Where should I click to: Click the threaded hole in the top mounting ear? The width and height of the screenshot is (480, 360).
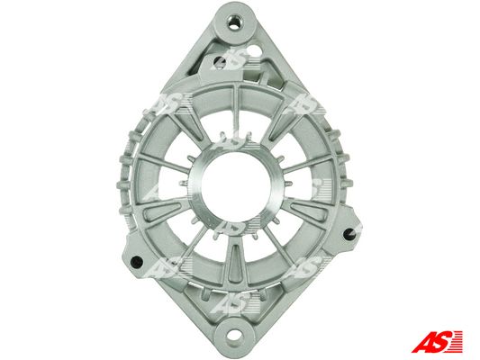(x=235, y=22)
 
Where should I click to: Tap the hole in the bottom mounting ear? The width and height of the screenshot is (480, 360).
(x=234, y=335)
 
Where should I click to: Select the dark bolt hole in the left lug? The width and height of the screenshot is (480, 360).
(x=136, y=262)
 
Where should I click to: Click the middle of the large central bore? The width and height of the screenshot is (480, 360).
(x=236, y=187)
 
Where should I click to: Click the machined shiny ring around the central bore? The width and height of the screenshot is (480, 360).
(x=195, y=187)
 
